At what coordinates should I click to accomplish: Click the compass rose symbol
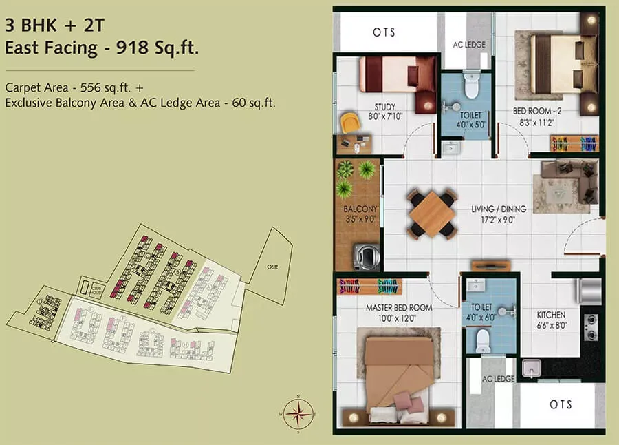[298, 413]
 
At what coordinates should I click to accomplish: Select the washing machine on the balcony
[365, 257]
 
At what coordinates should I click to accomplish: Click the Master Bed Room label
[399, 308]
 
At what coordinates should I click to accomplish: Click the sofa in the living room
[571, 180]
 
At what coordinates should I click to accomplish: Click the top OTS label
[386, 32]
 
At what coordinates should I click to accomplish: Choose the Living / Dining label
[499, 209]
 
